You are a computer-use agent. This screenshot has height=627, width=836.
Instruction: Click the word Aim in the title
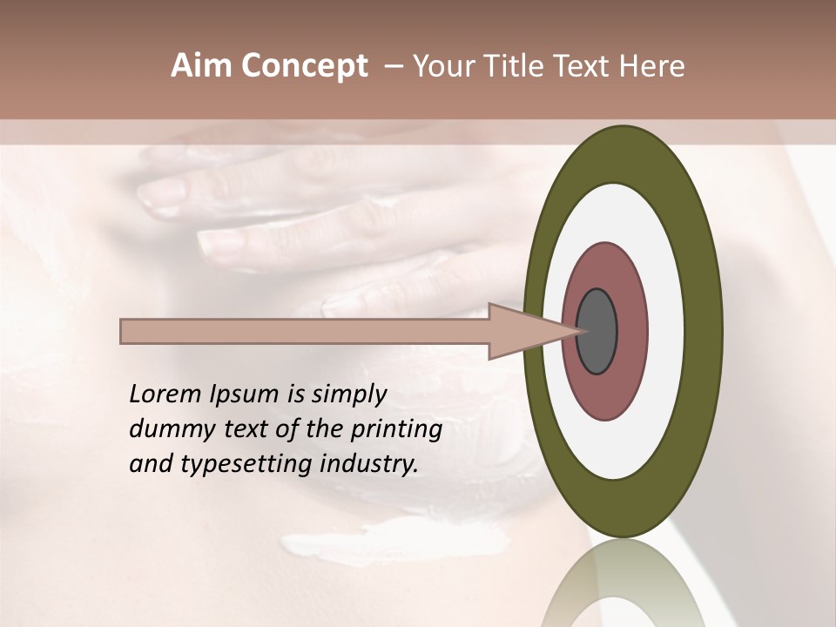(202, 66)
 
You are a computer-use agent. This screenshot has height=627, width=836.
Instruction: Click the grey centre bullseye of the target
(597, 332)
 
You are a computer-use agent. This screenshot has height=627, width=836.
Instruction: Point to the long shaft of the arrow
(305, 332)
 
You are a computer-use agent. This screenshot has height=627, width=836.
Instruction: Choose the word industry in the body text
(369, 465)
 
